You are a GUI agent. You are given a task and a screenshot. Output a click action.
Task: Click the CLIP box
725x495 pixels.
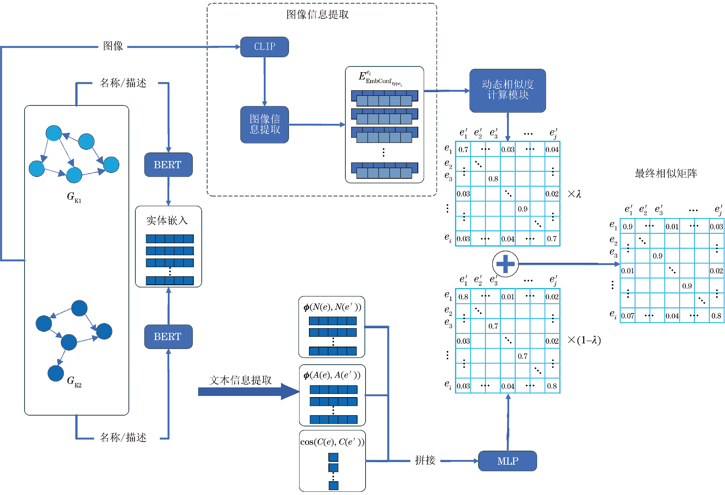point(265,47)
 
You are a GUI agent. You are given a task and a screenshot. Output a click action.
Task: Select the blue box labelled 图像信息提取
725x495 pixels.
point(265,125)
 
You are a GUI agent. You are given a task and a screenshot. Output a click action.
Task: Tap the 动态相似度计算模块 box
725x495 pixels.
point(507,90)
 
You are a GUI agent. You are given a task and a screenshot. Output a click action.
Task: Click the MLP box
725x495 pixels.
point(507,461)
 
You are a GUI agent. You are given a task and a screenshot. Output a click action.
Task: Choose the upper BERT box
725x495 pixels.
point(168,165)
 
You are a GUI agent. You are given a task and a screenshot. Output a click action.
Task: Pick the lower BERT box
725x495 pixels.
point(168,336)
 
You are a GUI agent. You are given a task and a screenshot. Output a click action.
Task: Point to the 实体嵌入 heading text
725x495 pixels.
point(167,220)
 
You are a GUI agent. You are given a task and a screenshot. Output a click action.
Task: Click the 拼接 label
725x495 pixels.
point(425,460)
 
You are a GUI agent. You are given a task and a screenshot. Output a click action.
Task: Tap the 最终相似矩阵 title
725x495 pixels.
point(666,174)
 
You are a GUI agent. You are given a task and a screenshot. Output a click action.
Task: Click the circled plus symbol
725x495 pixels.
point(505,264)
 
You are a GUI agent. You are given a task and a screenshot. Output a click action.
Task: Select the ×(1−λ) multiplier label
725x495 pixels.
point(584,340)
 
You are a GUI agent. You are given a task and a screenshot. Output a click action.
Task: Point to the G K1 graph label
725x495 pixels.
point(74,197)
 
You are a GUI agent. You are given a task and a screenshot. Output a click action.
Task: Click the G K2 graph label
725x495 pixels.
point(74,381)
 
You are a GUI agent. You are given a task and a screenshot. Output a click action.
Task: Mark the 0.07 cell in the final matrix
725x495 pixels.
point(628,316)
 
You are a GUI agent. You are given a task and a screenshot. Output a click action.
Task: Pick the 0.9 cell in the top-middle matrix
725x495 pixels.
point(523,209)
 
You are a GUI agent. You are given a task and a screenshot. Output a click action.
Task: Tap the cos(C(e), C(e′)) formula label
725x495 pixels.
point(332,442)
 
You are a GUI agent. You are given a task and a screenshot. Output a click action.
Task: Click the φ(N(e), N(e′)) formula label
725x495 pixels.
point(332,307)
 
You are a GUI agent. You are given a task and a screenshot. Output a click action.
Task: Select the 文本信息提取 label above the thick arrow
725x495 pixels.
point(240,380)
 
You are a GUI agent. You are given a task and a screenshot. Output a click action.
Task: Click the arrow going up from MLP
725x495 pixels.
point(508,422)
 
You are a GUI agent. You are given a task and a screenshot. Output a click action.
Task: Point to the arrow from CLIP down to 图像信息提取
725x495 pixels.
point(265,81)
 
